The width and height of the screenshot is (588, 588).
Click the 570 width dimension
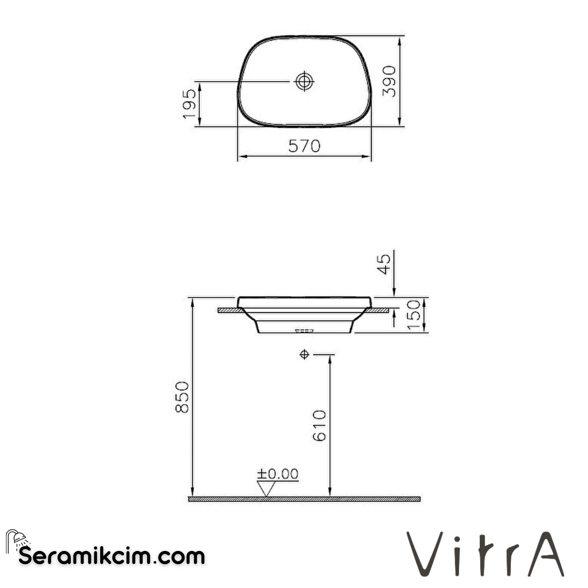point(304,146)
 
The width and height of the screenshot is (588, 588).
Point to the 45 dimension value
point(384,264)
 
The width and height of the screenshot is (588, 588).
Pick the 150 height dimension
point(414,314)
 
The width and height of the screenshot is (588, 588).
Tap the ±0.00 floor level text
point(278,475)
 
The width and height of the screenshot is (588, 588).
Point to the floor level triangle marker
point(266,489)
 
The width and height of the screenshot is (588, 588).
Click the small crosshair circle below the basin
point(304,355)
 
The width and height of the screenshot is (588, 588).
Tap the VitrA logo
point(486,554)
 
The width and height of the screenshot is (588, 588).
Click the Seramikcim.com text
point(112,556)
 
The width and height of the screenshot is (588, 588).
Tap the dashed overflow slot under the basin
point(304,330)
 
